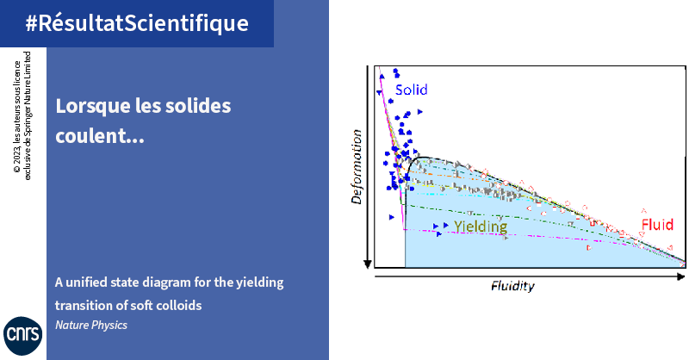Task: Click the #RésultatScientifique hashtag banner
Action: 137,23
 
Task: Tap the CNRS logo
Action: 23,335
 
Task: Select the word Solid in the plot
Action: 412,90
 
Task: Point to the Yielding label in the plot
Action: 481,227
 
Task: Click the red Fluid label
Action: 657,225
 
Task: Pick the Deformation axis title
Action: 357,166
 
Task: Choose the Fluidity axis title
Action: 512,287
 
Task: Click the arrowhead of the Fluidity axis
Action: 681,276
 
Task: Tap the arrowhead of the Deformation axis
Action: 368,264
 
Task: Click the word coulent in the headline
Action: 93,136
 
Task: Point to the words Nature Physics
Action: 91,325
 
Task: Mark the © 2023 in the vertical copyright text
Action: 16,162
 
